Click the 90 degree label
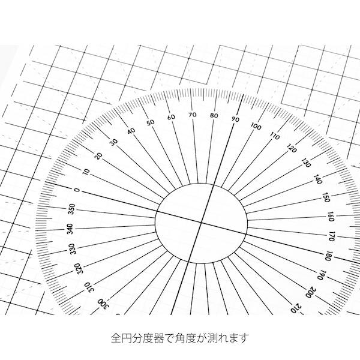[x=235, y=119]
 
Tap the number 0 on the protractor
[x=77, y=190]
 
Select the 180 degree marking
[x=328, y=256]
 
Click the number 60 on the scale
[x=171, y=117]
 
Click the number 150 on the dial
[x=326, y=197]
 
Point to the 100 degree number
[x=256, y=126]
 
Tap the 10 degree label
[x=86, y=172]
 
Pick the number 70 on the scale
[x=192, y=115]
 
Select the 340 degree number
[x=70, y=229]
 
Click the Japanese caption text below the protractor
[x=180, y=338]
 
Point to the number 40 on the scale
[x=131, y=131]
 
